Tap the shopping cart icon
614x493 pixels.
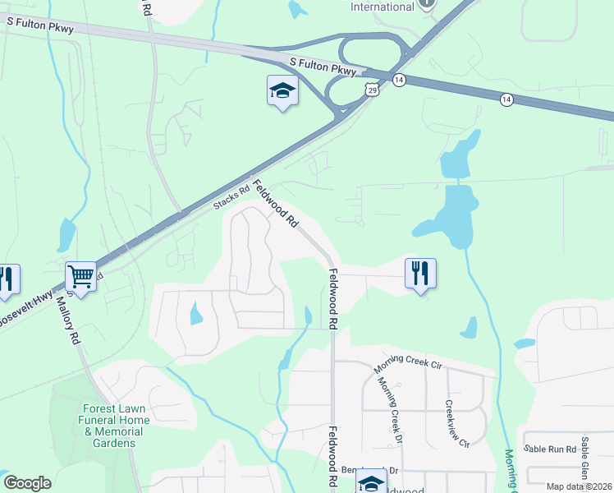(81, 274)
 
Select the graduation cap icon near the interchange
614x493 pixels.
(282, 90)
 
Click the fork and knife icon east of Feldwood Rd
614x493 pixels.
(420, 273)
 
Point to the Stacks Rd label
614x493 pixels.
(231, 200)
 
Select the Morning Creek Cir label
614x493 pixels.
(408, 366)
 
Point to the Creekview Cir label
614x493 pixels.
(456, 423)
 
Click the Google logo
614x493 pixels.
(27, 483)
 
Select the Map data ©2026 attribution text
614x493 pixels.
(579, 486)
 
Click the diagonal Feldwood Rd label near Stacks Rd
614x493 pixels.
(275, 204)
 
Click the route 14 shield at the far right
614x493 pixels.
(506, 99)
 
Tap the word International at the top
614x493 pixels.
(383, 7)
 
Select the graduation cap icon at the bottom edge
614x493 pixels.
(371, 482)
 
